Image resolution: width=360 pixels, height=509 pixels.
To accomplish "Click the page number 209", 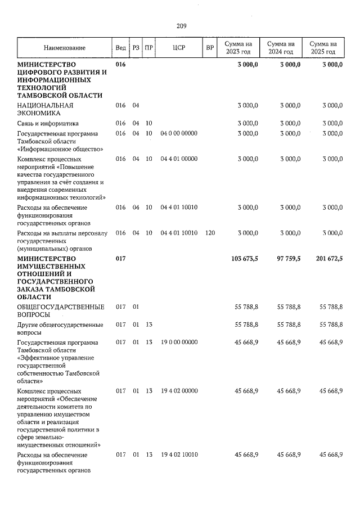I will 181,26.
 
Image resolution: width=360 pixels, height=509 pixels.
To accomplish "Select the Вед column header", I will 120,48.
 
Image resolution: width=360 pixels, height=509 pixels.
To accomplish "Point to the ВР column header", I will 210,48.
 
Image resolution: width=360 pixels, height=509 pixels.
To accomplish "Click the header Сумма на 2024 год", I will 281,48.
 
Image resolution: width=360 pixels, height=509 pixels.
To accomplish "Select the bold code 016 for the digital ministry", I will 120,65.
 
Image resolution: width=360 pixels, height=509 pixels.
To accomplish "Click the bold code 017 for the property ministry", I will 120,259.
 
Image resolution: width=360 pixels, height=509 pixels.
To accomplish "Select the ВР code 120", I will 210,232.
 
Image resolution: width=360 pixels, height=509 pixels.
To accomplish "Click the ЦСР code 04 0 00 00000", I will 179,133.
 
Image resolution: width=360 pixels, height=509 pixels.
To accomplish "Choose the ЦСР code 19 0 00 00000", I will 179,342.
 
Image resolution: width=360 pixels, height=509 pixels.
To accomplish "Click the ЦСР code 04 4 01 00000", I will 179,159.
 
